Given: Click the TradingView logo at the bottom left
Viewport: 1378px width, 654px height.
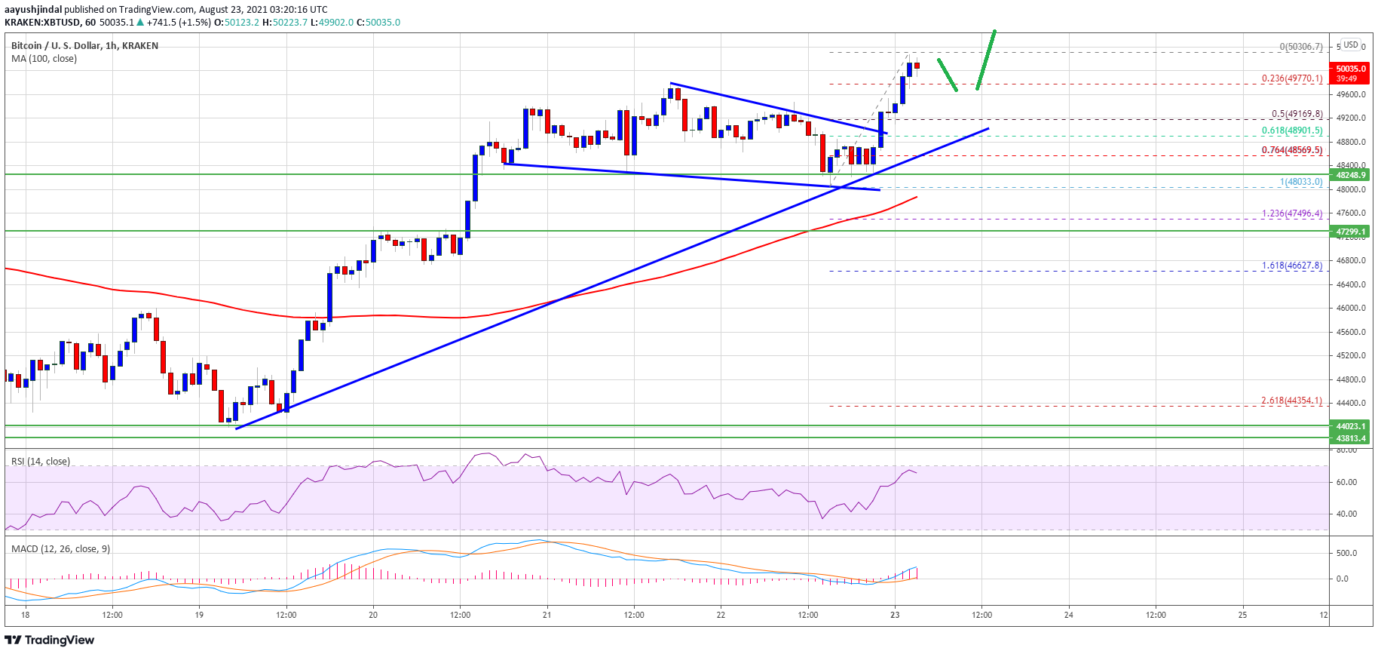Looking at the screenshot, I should [50, 640].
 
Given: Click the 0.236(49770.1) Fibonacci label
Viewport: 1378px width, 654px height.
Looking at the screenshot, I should [1292, 78].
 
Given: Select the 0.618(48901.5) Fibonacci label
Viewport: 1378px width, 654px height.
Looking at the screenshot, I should [1292, 131].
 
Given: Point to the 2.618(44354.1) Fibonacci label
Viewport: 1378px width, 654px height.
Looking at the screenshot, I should [1292, 401].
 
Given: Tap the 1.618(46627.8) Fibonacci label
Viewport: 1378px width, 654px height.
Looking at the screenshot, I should [1292, 266].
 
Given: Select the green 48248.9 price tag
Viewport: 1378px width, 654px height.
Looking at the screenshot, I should [1351, 175].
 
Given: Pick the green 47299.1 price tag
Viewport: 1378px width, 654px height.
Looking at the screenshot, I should [1351, 232].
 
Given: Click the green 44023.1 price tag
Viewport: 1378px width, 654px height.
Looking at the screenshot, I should [1351, 426].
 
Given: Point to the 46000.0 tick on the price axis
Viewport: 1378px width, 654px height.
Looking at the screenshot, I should [1351, 308].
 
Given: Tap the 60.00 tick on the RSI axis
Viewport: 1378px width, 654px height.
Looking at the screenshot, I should [1346, 482].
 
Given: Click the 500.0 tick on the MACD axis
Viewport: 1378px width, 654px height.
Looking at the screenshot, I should [1346, 553].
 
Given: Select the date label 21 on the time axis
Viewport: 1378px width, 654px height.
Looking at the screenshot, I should [547, 615].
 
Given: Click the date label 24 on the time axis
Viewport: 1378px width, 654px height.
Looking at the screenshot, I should [1069, 615].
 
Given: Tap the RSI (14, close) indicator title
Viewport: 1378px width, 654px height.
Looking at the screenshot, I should [41, 462].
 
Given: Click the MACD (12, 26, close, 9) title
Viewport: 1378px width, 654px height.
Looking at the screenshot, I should [61, 549].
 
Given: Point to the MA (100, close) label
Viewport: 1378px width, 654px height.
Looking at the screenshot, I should [44, 59].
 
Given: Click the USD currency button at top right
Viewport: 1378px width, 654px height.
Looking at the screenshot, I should [1351, 45].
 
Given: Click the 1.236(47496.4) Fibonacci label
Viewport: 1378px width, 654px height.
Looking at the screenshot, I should [1292, 213].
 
